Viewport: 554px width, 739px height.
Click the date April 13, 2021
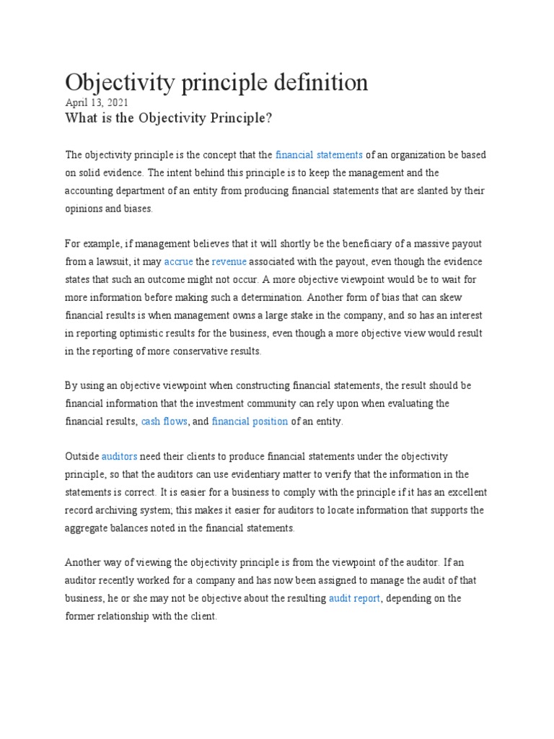(97, 102)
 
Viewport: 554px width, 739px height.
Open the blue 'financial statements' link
(319, 155)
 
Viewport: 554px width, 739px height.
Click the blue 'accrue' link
(178, 261)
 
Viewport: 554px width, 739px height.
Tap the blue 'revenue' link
(229, 261)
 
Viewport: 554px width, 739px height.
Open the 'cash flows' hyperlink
(164, 421)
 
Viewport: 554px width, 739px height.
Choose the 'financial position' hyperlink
(250, 421)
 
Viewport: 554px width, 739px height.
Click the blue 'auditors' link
(119, 457)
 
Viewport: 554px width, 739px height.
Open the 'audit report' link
(354, 598)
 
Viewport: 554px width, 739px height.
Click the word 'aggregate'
(89, 528)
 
